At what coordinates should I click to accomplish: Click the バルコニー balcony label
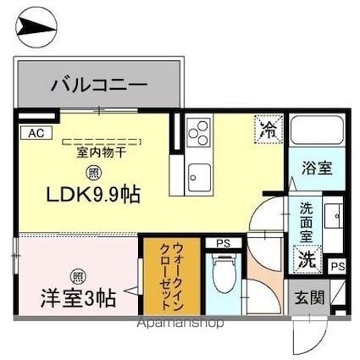99,86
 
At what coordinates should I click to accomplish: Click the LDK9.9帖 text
80,193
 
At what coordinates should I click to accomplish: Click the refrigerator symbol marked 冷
268,130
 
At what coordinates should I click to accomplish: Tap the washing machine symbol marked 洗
306,258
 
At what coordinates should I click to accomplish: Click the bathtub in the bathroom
317,133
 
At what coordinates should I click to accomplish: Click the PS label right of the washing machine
337,266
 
